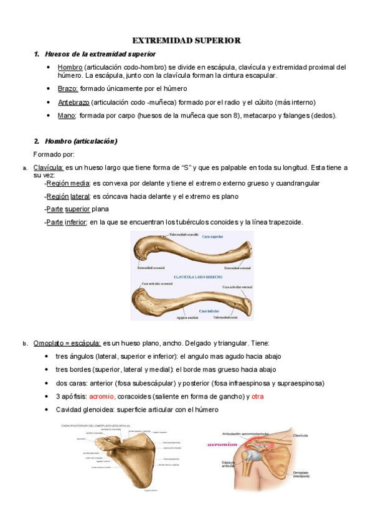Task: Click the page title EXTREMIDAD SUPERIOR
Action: (186, 40)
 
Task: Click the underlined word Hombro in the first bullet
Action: (70, 67)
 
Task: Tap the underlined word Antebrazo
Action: (73, 102)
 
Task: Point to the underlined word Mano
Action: (66, 116)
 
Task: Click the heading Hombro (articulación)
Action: (81, 141)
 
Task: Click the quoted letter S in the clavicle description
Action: (184, 167)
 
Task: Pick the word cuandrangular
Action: (293, 184)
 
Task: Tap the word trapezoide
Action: (282, 222)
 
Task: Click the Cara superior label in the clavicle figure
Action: (212, 237)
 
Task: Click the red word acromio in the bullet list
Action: (102, 397)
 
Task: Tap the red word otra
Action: (258, 397)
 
